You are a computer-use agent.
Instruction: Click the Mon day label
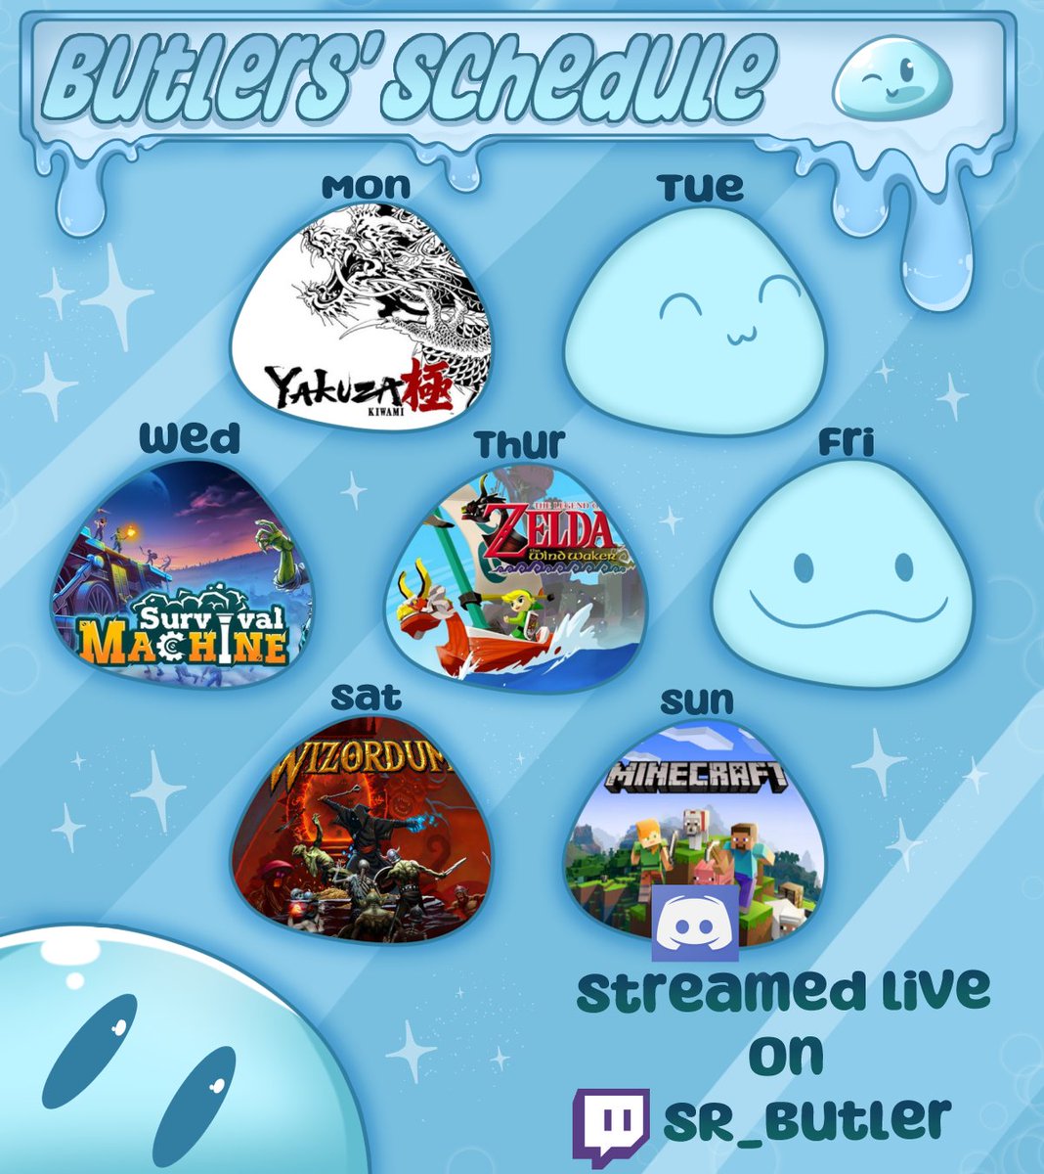point(366,186)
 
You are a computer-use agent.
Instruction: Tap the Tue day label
point(700,187)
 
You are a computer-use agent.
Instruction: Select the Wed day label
point(190,439)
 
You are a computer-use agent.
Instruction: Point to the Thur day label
point(519,444)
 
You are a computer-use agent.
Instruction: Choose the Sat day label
point(366,697)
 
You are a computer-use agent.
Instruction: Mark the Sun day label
point(696,700)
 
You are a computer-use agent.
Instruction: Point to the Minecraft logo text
point(696,777)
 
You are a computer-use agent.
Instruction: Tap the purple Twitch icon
point(611,1118)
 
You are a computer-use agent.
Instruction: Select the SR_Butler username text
point(806,1118)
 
